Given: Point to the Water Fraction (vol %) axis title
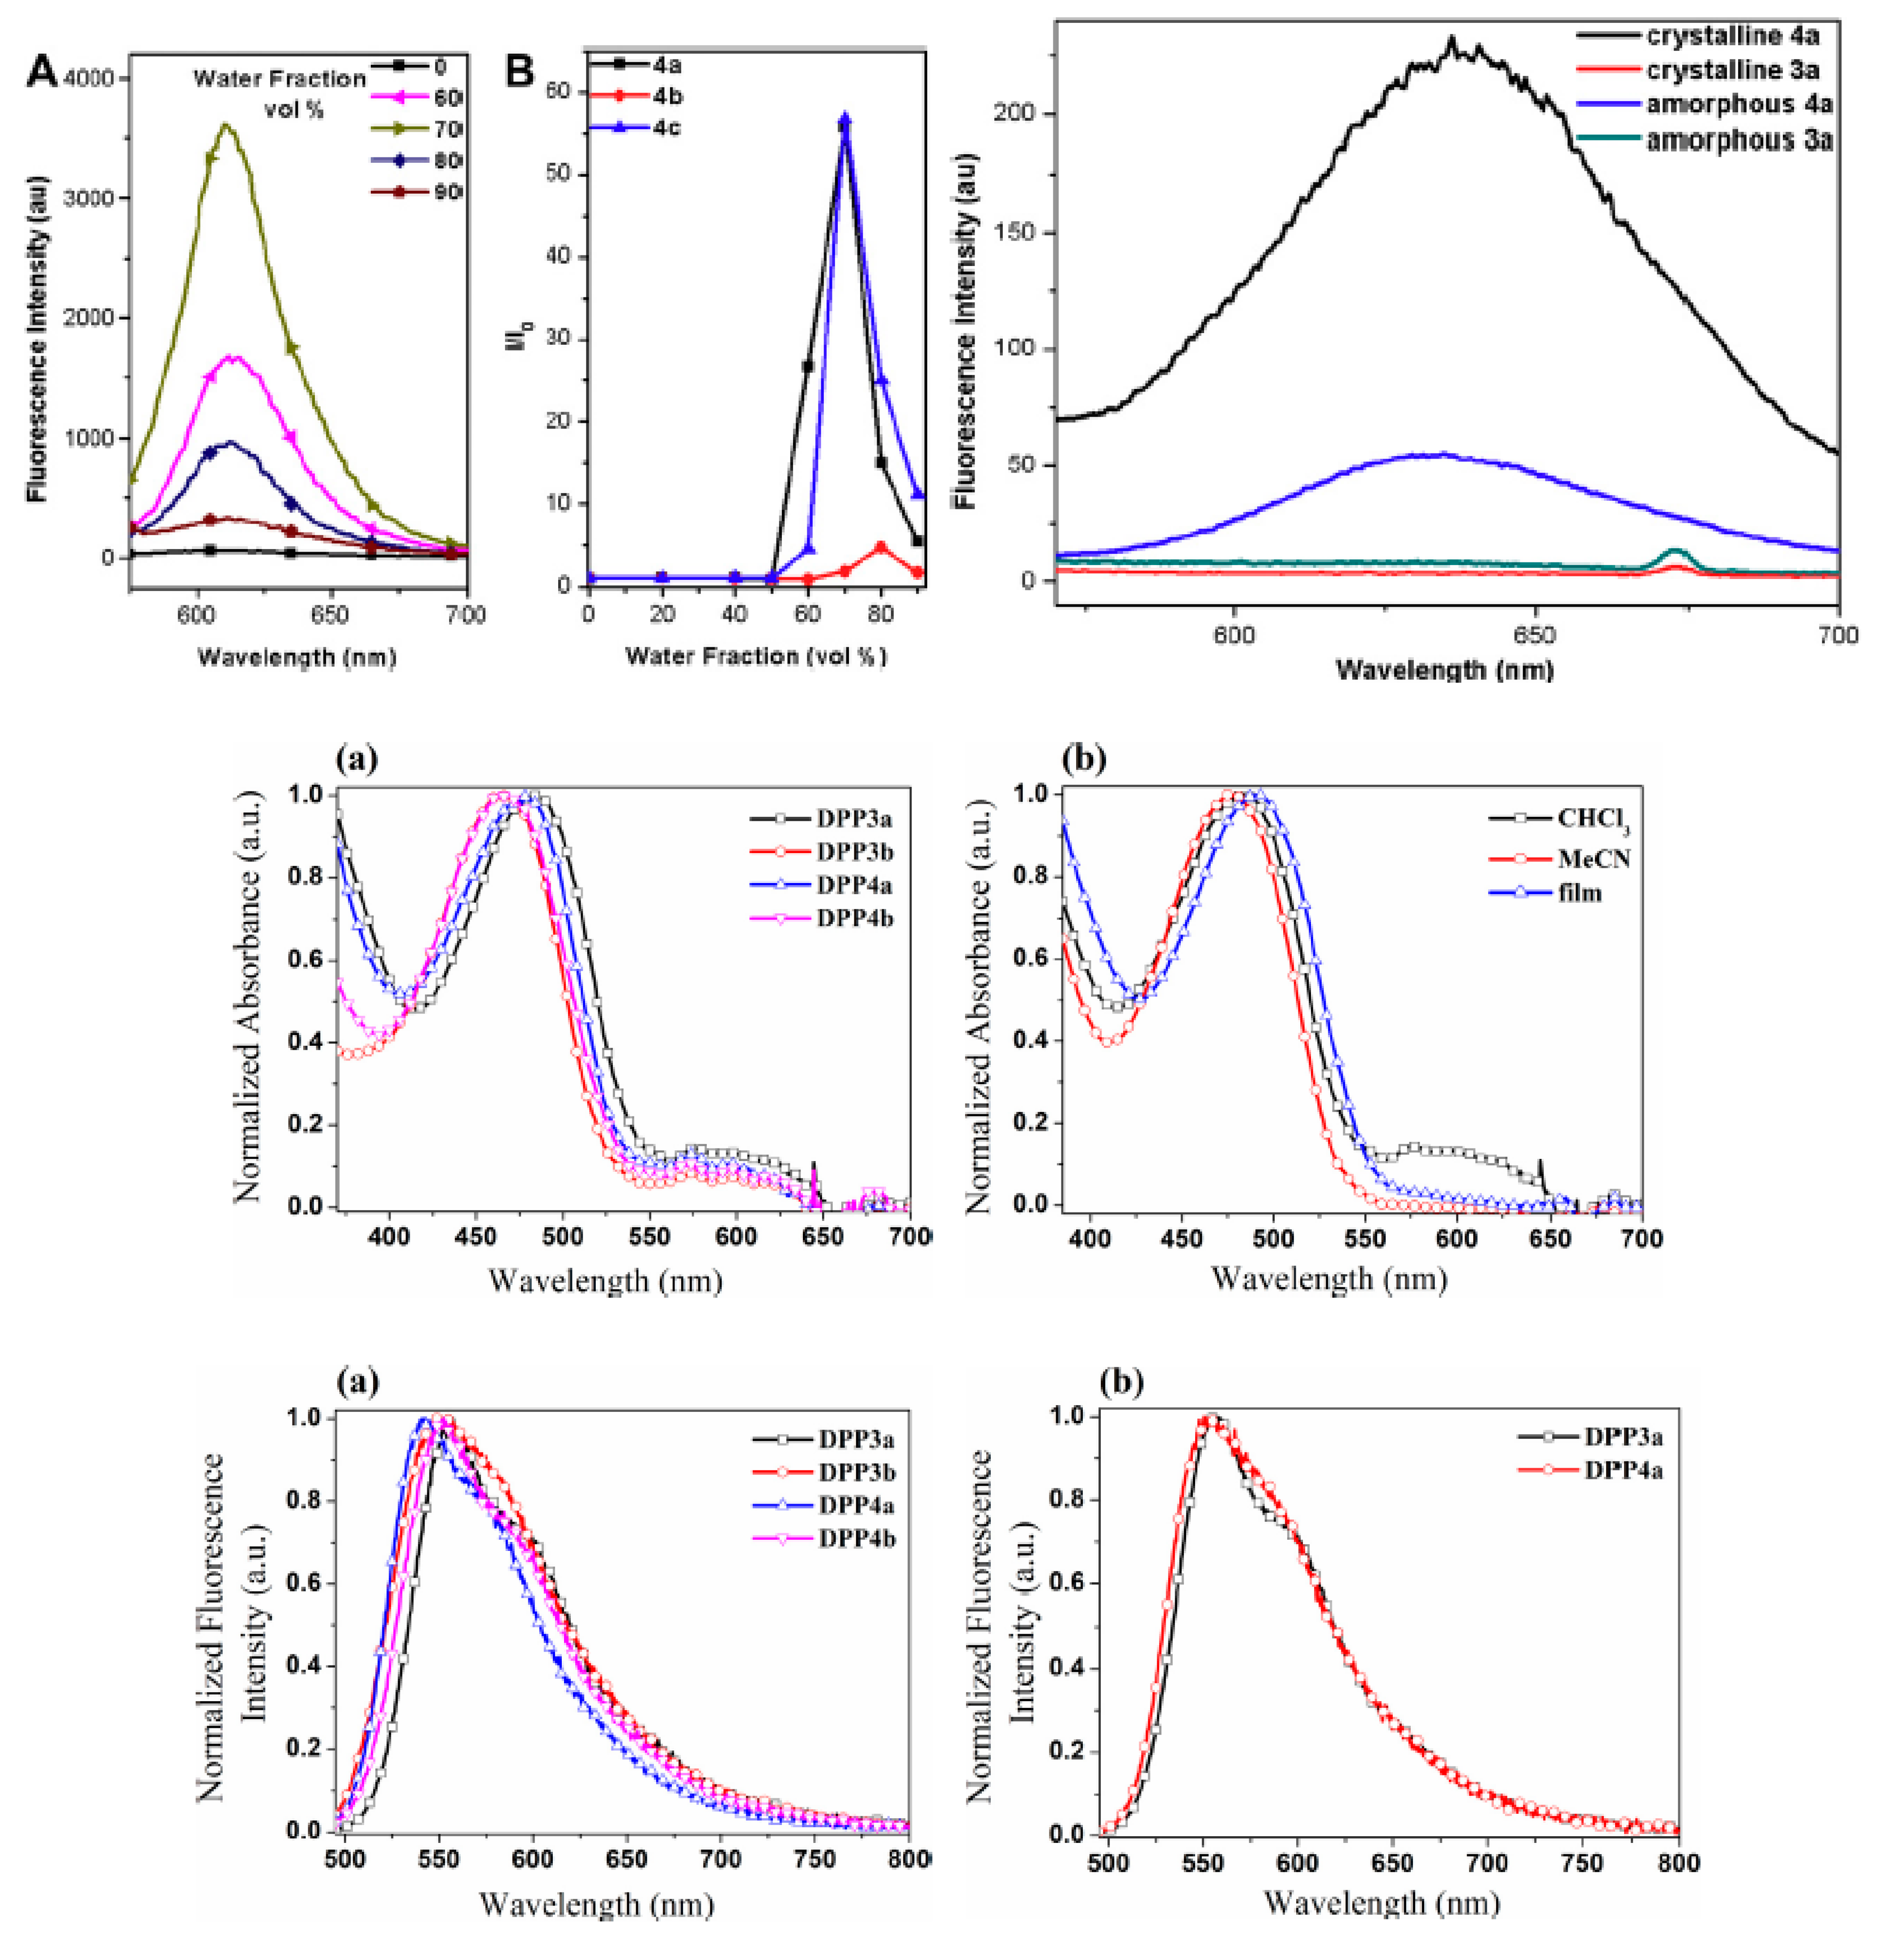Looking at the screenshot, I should [756, 656].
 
